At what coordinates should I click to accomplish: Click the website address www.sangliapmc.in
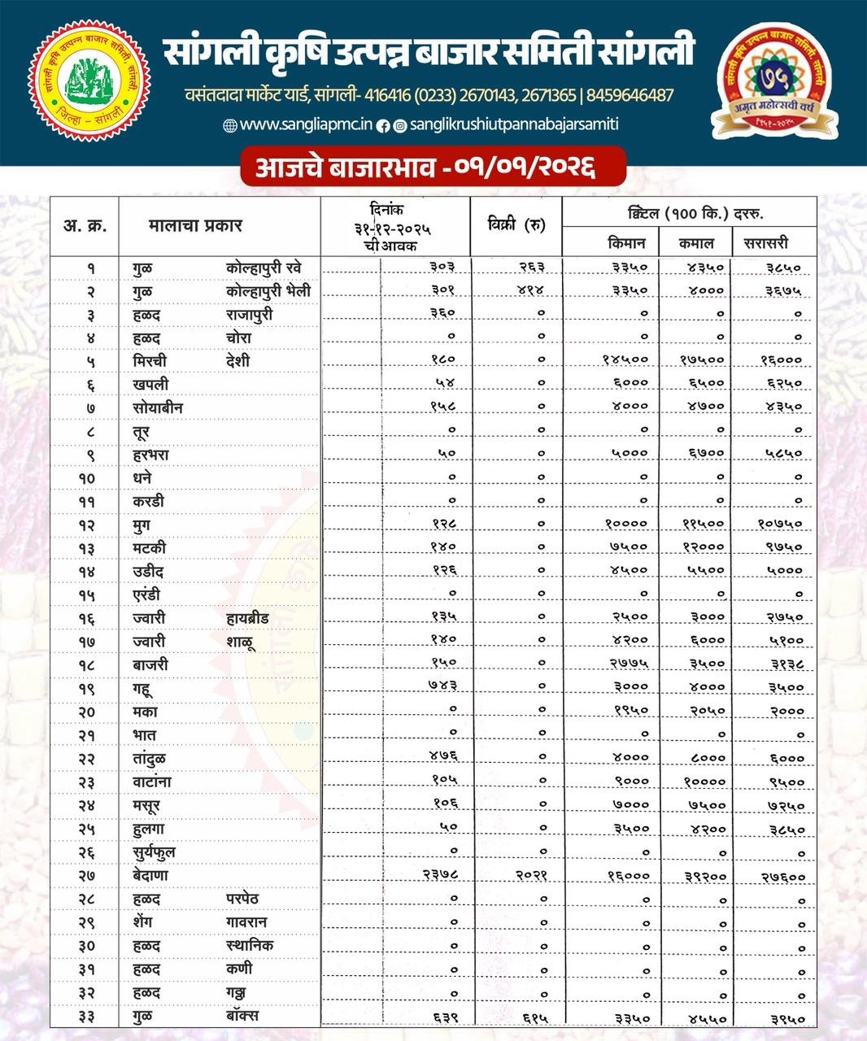click(x=306, y=124)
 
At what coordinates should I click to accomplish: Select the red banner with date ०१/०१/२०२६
click(x=433, y=168)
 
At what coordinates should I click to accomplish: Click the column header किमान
click(x=627, y=242)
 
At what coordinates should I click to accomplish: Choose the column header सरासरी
click(x=765, y=242)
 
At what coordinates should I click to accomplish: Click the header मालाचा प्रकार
click(x=195, y=225)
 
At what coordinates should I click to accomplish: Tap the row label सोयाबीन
click(x=158, y=407)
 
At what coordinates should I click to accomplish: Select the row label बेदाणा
click(x=150, y=875)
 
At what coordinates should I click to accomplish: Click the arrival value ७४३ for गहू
click(x=442, y=686)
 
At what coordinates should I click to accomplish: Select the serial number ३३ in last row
click(x=87, y=1016)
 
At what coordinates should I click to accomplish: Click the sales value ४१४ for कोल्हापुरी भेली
click(x=530, y=290)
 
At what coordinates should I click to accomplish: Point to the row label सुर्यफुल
click(x=154, y=852)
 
